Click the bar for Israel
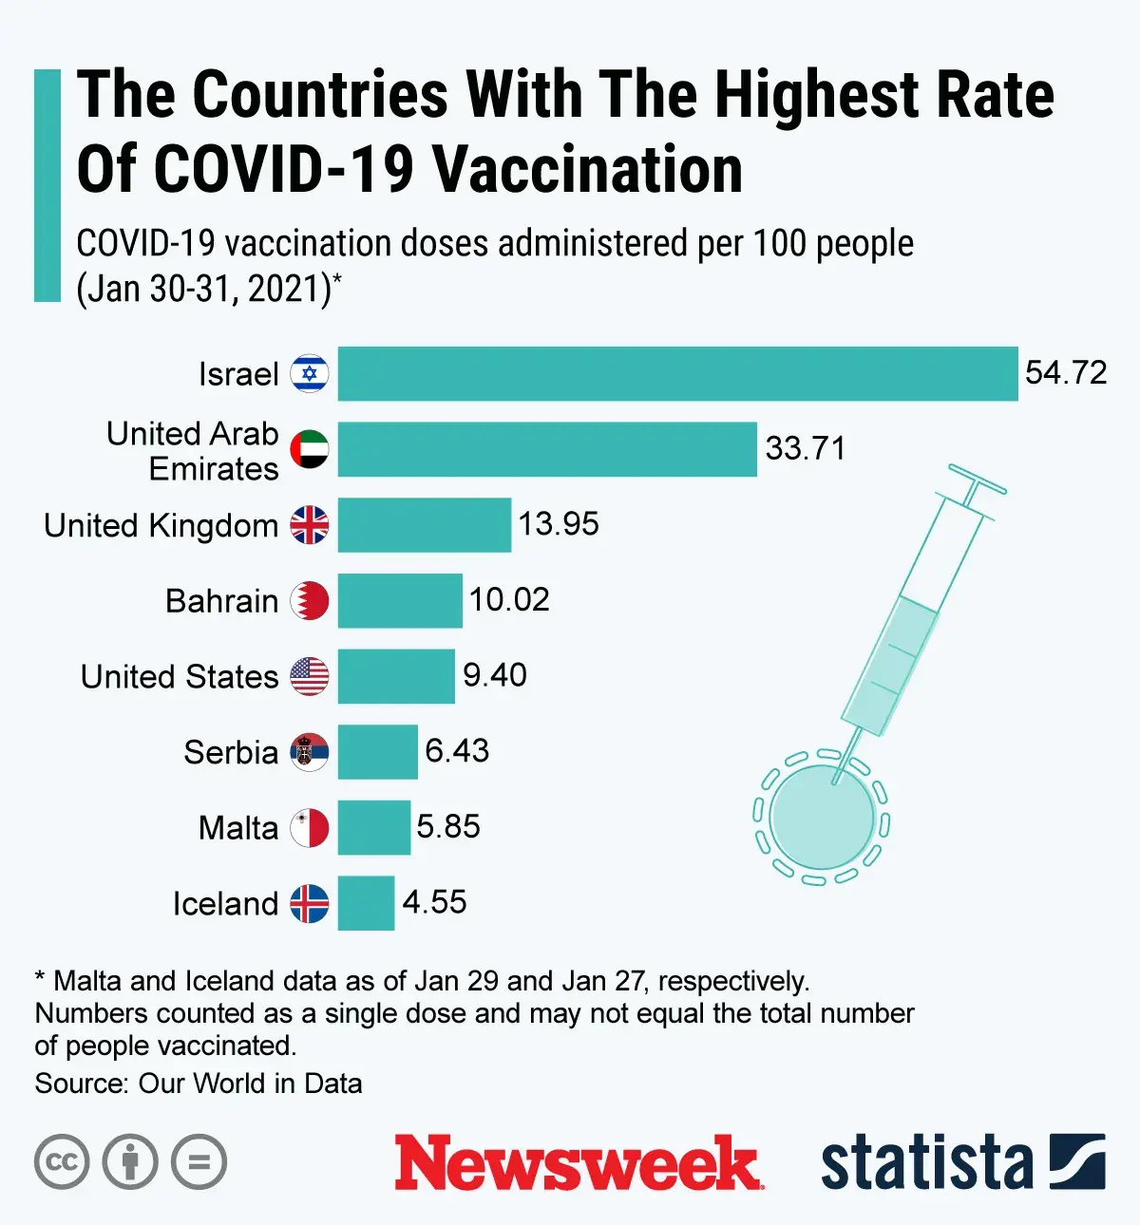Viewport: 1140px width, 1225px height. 677,374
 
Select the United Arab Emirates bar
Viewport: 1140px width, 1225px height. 547,449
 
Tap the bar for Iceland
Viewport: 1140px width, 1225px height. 366,903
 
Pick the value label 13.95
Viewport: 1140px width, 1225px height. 559,524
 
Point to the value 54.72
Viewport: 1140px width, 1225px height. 1066,372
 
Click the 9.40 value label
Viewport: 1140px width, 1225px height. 494,675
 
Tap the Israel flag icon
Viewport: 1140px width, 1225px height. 310,374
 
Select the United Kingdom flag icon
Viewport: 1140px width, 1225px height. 310,525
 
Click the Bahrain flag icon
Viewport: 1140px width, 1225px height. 310,601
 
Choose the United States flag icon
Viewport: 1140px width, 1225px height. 310,676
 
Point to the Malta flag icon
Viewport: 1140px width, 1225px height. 310,828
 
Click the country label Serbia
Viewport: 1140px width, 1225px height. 231,752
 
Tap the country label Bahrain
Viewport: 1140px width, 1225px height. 222,601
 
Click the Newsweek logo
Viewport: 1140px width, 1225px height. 578,1162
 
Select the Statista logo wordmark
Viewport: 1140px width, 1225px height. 926,1162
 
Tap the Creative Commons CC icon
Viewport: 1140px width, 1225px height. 62,1162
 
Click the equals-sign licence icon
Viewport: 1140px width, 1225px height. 199,1162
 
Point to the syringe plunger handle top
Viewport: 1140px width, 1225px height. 977,480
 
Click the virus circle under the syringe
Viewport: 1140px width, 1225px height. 821,817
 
